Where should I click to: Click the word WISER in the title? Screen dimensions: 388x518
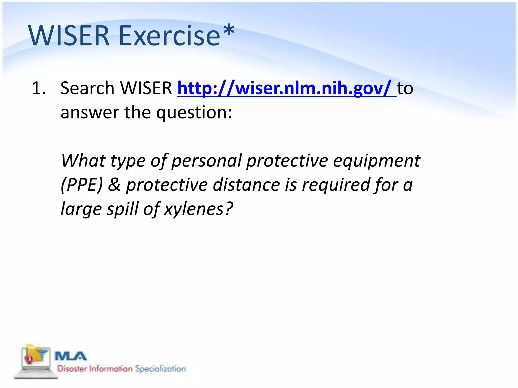click(69, 36)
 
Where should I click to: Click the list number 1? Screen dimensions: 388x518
click(38, 88)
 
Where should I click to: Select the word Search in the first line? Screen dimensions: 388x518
click(87, 88)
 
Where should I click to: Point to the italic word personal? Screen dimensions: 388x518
click(206, 161)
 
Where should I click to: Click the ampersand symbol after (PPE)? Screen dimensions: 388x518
click(114, 185)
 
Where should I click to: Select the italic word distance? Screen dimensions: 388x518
click(246, 185)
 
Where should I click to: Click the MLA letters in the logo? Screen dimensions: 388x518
click(71, 356)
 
